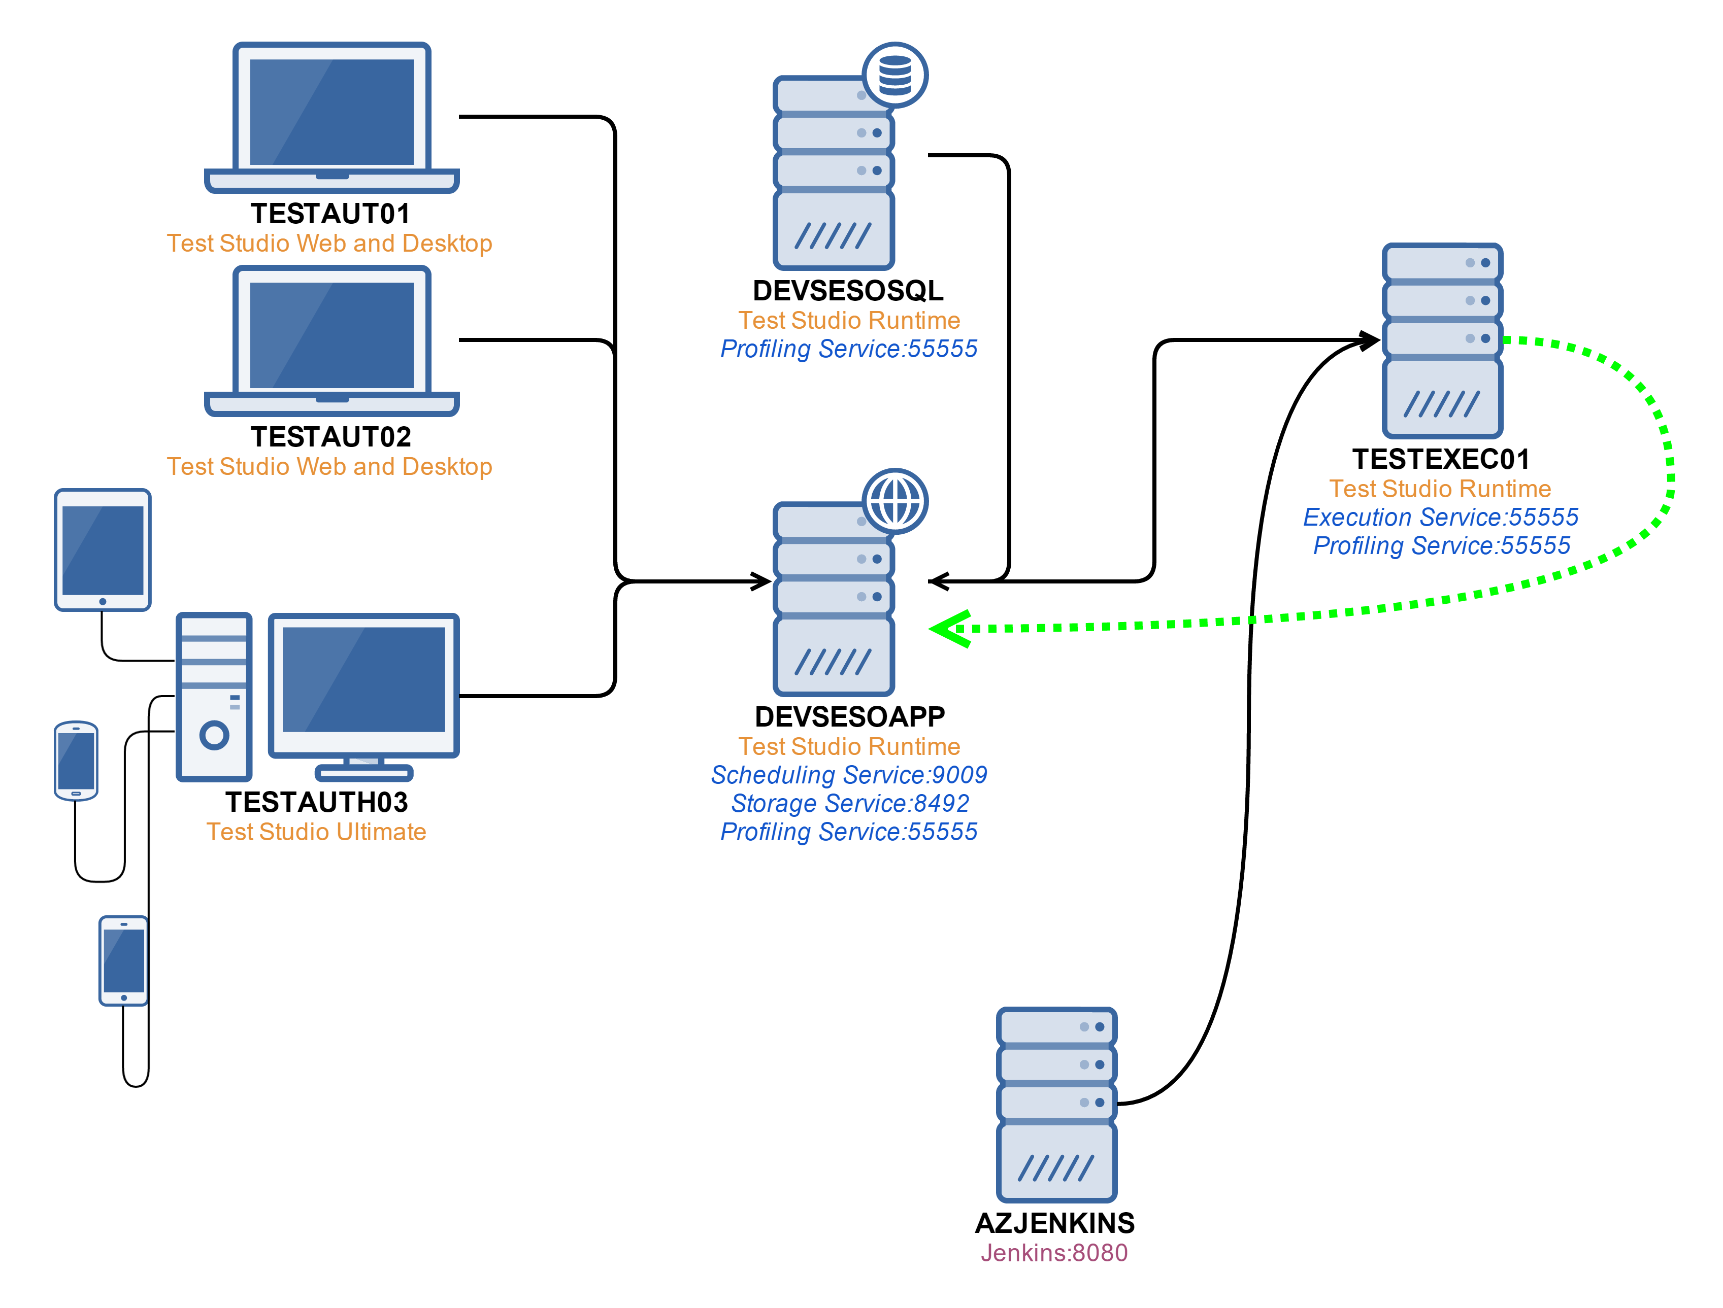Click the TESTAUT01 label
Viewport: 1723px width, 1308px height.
(x=330, y=213)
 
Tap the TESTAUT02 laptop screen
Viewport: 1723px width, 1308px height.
(x=332, y=335)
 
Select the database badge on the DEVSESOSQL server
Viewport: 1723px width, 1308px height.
(x=895, y=75)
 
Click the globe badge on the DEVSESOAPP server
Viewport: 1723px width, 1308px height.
(x=895, y=501)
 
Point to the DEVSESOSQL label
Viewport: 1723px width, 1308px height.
(x=848, y=290)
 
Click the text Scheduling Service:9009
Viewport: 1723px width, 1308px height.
(x=849, y=775)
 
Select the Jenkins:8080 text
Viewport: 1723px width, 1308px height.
(x=1054, y=1253)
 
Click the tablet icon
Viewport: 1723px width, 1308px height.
(x=103, y=549)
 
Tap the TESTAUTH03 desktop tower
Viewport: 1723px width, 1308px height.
(x=214, y=697)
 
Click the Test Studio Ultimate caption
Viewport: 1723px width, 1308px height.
(x=316, y=832)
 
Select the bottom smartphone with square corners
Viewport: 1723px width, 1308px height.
(x=124, y=961)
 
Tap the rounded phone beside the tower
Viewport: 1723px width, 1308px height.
(x=76, y=761)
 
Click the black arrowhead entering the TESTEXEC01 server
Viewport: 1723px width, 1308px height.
(x=1369, y=340)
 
